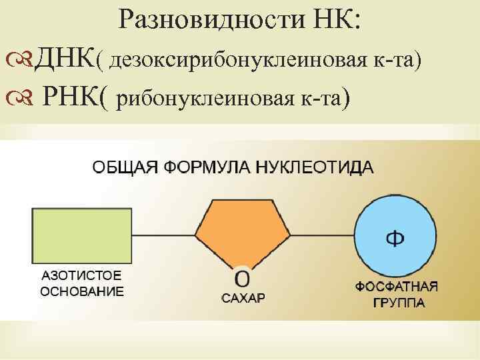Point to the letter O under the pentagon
(243, 278)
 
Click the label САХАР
(243, 298)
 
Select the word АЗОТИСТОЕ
(81, 275)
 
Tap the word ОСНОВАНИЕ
(82, 291)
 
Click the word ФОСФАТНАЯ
(396, 287)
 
